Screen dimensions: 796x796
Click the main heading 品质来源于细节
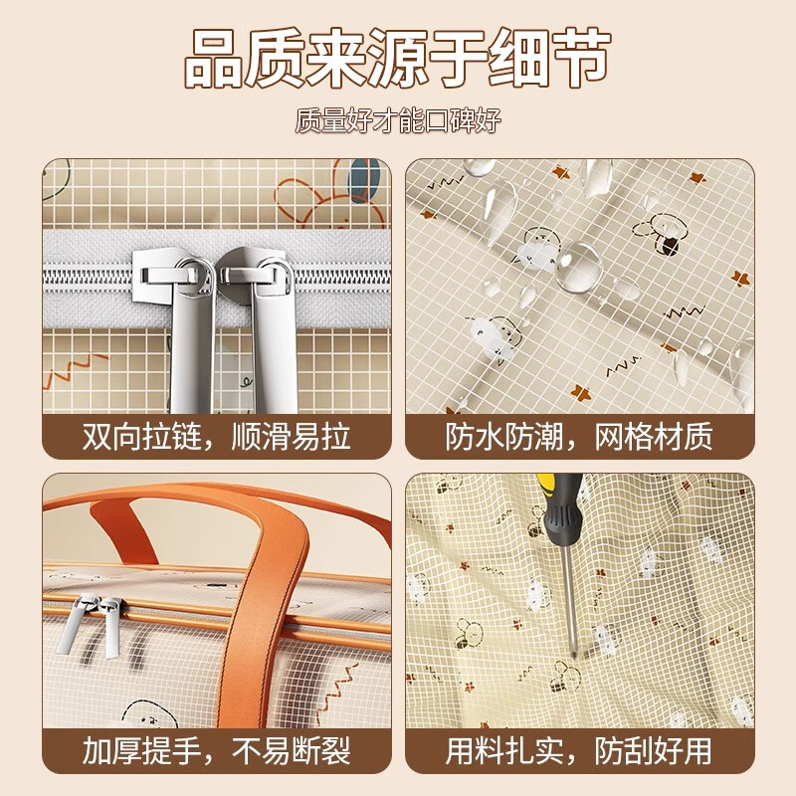397,59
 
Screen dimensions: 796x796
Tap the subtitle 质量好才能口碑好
398,120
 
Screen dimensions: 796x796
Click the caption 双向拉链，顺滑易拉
217,437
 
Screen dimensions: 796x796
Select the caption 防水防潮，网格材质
579,437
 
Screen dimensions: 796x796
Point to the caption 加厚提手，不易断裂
217,751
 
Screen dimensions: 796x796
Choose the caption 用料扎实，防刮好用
579,751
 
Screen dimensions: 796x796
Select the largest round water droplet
578,267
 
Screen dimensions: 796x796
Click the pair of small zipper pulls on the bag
92,625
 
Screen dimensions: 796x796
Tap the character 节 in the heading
581,59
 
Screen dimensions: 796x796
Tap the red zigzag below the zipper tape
77,368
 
